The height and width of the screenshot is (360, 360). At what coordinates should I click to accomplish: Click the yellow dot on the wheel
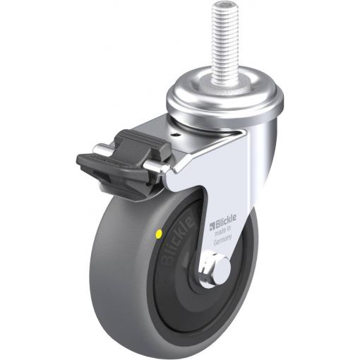pos(160,234)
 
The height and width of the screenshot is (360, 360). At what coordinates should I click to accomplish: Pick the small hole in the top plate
pos(176,135)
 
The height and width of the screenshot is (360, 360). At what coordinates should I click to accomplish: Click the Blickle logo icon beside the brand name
pos(212,225)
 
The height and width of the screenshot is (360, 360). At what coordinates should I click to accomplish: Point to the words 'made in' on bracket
pos(223,231)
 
